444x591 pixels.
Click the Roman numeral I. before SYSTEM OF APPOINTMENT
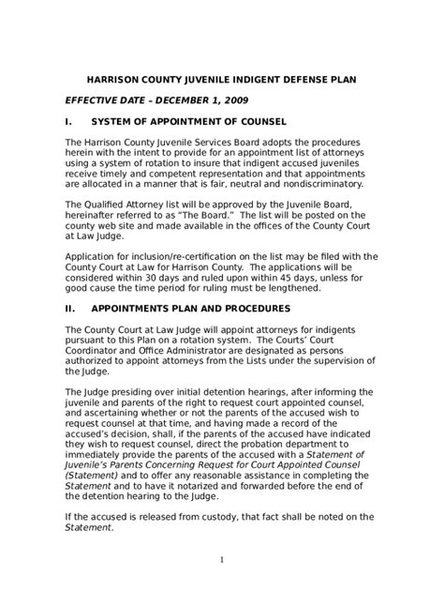tap(67, 121)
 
